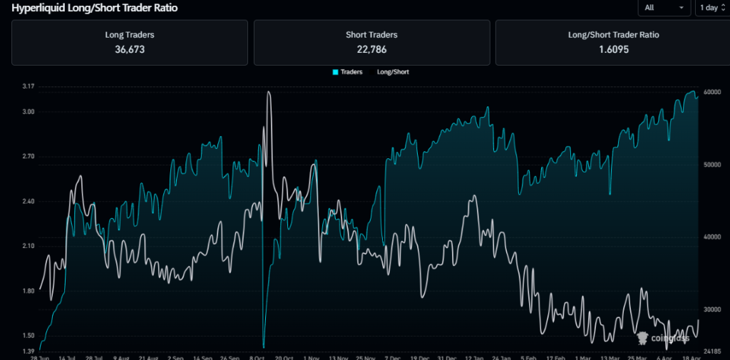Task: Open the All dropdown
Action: coord(664,8)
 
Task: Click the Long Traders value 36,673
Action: coord(129,49)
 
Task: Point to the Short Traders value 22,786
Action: coord(371,49)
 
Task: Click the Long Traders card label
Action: coord(129,34)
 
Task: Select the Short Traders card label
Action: coord(371,34)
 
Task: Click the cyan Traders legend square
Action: coord(335,72)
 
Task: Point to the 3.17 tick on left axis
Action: coord(29,87)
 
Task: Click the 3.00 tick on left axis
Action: coord(29,112)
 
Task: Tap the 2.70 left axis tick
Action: coord(29,157)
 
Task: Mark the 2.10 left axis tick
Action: coord(29,246)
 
